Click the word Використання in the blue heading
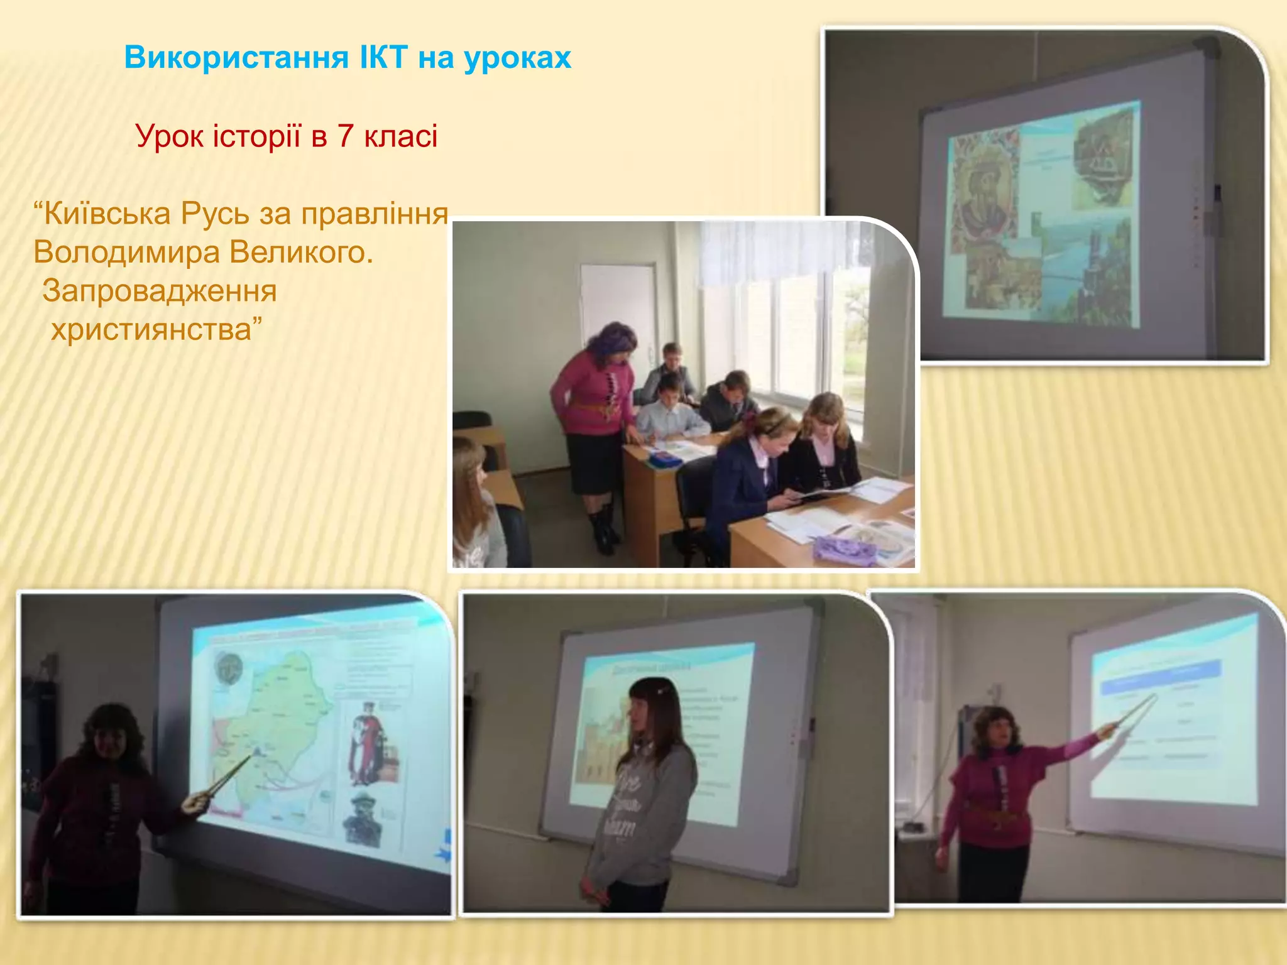[x=236, y=58]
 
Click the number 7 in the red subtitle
[x=344, y=136]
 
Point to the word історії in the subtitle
[x=257, y=136]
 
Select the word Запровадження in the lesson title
[x=160, y=291]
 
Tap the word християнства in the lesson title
[x=151, y=330]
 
